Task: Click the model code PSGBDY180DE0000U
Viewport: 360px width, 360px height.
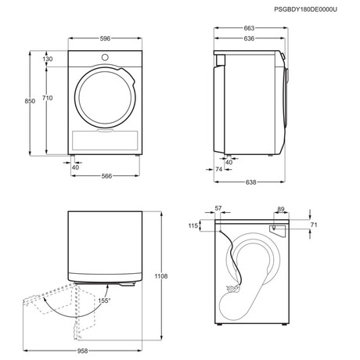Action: (x=305, y=9)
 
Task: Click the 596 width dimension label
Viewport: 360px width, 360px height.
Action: (x=105, y=38)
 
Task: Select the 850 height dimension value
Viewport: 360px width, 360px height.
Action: (x=30, y=101)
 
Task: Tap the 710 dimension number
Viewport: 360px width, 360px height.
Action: (x=47, y=98)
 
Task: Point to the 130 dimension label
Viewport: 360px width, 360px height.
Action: (x=48, y=59)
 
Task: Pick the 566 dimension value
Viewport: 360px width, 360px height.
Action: (x=106, y=176)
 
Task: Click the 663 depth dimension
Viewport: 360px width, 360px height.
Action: (x=249, y=28)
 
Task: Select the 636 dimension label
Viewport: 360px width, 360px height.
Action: (x=249, y=38)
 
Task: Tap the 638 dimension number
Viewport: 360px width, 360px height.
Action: (x=250, y=182)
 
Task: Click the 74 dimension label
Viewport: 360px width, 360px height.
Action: (x=219, y=169)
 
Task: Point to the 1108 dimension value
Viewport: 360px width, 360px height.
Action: (x=161, y=276)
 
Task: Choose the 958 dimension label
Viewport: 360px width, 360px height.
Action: (x=82, y=351)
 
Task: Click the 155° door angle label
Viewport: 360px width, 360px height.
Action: (x=104, y=301)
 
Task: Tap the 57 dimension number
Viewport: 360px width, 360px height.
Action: (x=218, y=208)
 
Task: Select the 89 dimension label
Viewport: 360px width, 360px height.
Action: (x=281, y=209)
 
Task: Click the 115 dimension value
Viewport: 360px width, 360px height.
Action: (x=193, y=225)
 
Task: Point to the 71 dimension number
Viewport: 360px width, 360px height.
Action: (x=314, y=225)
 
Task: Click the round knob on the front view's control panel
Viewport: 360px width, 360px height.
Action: (x=105, y=57)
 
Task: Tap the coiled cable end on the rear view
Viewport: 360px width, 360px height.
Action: (x=233, y=289)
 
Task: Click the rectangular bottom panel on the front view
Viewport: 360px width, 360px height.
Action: (x=105, y=140)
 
